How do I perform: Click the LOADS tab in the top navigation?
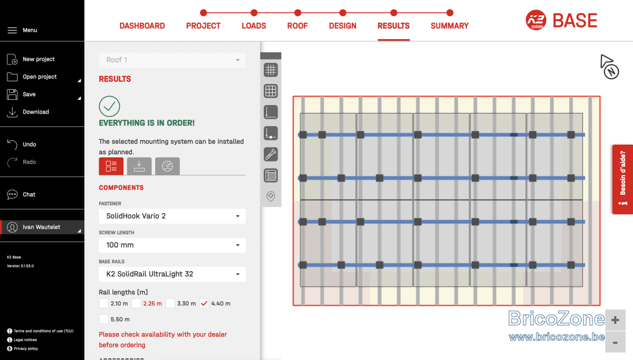(254, 26)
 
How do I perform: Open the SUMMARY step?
(449, 26)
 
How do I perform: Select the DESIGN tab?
(342, 26)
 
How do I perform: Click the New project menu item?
(39, 59)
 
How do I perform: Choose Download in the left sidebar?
(36, 112)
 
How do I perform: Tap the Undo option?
(30, 144)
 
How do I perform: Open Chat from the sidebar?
(29, 194)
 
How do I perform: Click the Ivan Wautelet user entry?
(42, 227)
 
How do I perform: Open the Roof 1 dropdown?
(172, 60)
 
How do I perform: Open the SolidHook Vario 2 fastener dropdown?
(172, 216)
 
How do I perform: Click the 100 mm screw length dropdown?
(172, 245)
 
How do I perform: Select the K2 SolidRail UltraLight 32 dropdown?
(172, 274)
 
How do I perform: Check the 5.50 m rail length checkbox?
(104, 319)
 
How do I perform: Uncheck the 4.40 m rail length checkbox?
(204, 304)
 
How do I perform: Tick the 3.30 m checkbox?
(170, 304)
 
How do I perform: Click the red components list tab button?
(111, 166)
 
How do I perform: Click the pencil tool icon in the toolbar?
(271, 155)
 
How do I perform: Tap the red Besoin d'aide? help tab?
(622, 179)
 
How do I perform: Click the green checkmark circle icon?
(109, 106)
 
